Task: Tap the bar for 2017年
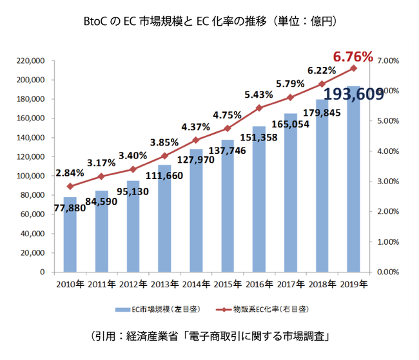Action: point(290,193)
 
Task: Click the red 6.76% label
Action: point(353,57)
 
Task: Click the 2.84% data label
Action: point(70,173)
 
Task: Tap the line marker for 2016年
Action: point(259,108)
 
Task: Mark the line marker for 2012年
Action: point(133,169)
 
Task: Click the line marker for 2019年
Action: point(353,68)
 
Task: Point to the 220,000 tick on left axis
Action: point(31,61)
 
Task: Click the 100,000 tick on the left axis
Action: point(31,176)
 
